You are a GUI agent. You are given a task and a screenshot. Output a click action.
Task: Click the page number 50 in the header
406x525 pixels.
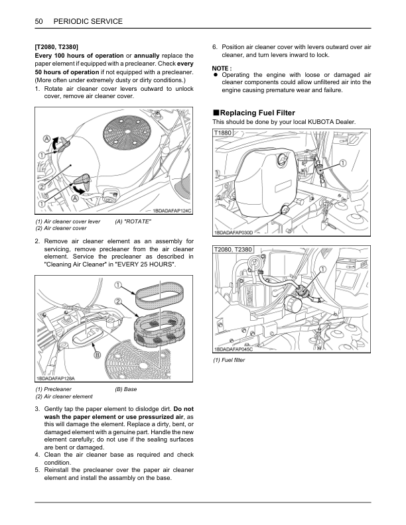pyautogui.click(x=38, y=21)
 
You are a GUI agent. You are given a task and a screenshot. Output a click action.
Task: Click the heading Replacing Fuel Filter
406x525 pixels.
pyautogui.click(x=257, y=113)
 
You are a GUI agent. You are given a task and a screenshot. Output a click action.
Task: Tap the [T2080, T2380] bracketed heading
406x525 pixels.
pyautogui.click(x=56, y=47)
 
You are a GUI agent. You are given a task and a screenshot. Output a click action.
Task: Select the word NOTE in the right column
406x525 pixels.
pyautogui.click(x=220, y=68)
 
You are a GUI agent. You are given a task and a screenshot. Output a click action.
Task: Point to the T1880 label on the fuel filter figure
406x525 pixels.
pyautogui.click(x=223, y=133)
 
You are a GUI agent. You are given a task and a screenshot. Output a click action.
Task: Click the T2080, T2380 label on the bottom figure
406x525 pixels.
pyautogui.click(x=233, y=249)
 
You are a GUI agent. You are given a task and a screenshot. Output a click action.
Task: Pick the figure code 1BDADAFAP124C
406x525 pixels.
pyautogui.click(x=172, y=211)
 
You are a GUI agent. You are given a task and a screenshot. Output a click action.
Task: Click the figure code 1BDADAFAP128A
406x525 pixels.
pyautogui.click(x=56, y=379)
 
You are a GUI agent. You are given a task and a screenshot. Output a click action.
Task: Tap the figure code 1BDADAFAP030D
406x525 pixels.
pyautogui.click(x=233, y=233)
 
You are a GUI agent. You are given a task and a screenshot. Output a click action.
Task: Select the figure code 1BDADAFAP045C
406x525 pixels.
pyautogui.click(x=233, y=349)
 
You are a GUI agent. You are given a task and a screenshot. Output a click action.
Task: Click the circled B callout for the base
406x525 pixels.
pyautogui.click(x=97, y=355)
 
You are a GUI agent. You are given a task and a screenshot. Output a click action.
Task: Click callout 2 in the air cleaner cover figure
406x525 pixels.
pyautogui.click(x=42, y=186)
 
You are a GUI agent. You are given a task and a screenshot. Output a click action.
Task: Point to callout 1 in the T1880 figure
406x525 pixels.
pyautogui.click(x=343, y=163)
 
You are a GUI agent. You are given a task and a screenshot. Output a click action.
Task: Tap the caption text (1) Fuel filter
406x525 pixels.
pyautogui.click(x=229, y=360)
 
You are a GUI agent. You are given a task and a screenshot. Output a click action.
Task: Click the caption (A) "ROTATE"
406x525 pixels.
pyautogui.click(x=133, y=221)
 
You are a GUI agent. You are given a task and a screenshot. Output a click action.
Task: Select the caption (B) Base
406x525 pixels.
pyautogui.click(x=125, y=389)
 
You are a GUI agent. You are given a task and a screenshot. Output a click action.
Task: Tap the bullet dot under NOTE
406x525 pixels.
pyautogui.click(x=216, y=75)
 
